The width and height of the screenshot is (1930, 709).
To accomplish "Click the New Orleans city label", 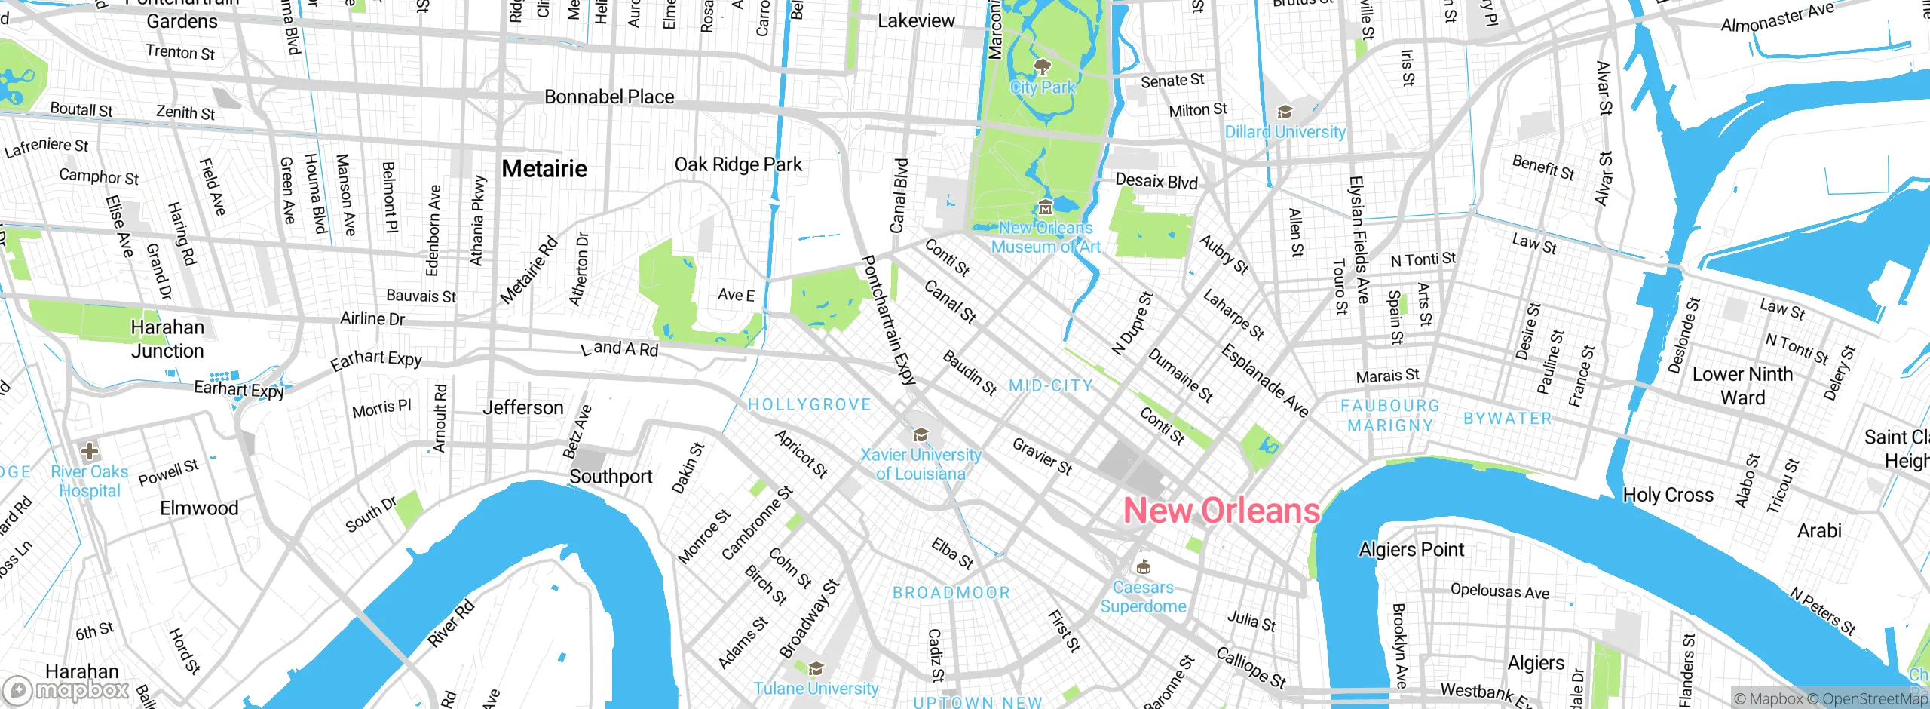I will click(1221, 511).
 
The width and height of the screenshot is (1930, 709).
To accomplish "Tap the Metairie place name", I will click(544, 169).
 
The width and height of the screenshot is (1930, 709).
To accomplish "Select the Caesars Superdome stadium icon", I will click(1144, 566).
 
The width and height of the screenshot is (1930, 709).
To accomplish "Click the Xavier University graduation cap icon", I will click(921, 434).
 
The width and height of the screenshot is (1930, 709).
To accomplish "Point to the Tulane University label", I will click(816, 688).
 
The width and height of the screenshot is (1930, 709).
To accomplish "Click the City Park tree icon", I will click(1043, 67).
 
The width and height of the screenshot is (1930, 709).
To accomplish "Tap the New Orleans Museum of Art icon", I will click(1045, 207).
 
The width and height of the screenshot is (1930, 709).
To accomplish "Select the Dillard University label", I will click(1285, 132).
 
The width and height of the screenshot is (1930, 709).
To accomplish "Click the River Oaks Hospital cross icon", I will click(90, 451).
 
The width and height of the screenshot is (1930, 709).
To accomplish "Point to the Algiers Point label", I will click(1411, 549).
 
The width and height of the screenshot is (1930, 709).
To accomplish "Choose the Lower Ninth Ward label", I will click(1742, 385).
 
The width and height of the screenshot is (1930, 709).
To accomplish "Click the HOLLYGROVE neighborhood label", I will click(809, 405).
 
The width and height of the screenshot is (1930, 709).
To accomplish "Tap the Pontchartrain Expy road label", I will click(888, 321).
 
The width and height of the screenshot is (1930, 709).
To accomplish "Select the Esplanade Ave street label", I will click(1265, 380).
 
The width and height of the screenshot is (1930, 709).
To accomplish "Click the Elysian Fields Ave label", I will click(1359, 240).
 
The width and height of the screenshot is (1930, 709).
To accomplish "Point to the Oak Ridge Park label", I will click(738, 164).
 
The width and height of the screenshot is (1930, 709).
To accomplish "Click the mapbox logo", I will click(68, 689).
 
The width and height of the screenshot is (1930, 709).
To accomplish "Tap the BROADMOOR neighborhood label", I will click(951, 593).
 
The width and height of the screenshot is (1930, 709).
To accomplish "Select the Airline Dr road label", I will click(372, 318).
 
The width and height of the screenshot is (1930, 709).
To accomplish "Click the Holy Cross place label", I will click(1668, 495).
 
